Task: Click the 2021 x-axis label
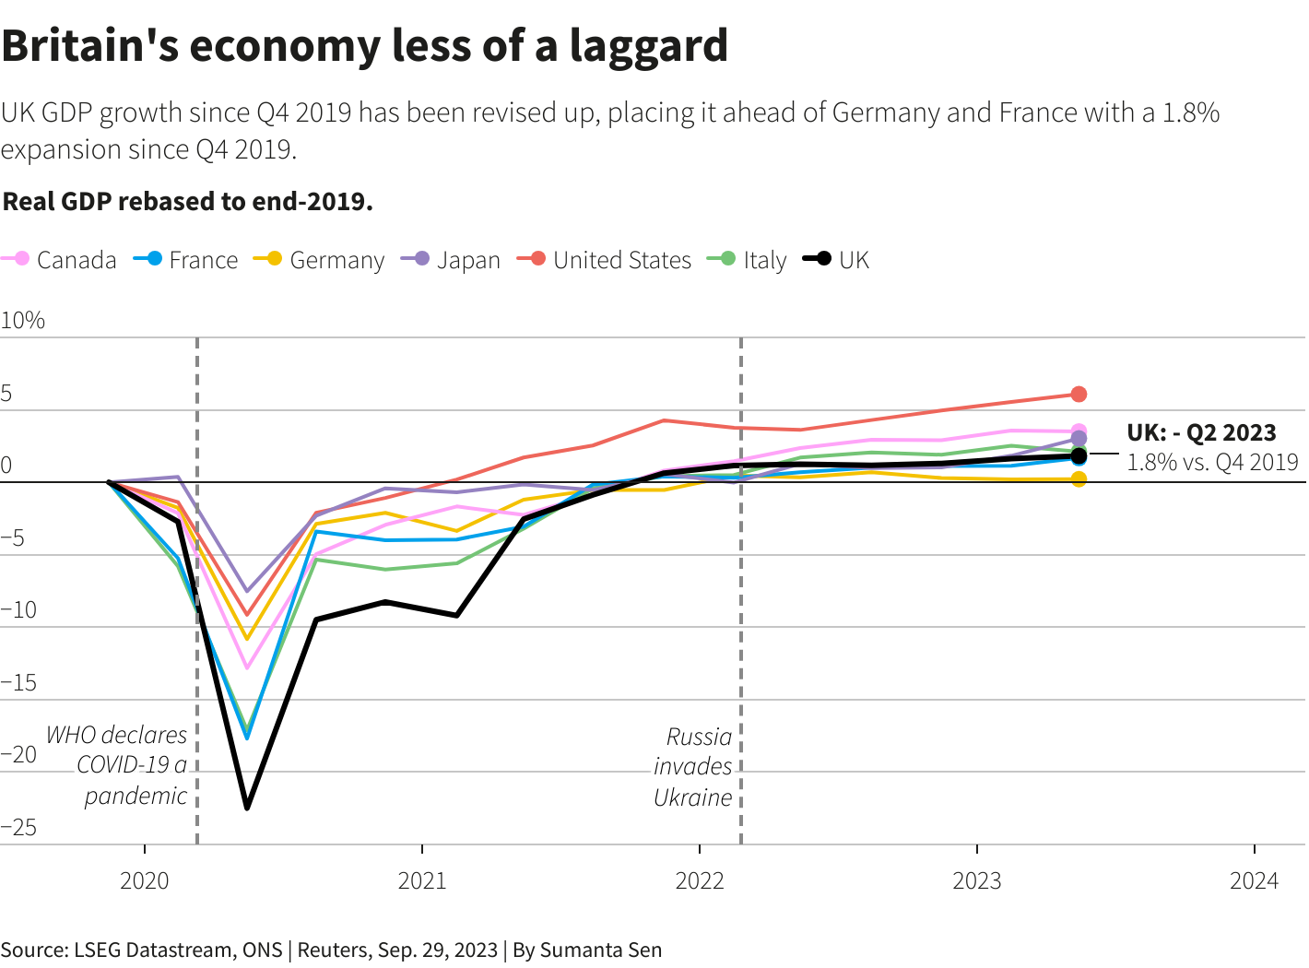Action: pos(422,880)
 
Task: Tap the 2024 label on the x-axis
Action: pos(1255,880)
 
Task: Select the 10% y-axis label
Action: pos(23,320)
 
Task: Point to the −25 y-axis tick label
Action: pos(19,827)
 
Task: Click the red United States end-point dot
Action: pos(1079,395)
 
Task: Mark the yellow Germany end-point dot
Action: pos(1079,479)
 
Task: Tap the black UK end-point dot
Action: pos(1079,455)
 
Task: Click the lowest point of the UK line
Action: pos(247,808)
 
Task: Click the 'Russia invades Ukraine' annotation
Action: pos(693,767)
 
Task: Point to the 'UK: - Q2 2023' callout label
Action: pos(1201,432)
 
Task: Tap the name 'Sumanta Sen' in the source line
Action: pos(600,950)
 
